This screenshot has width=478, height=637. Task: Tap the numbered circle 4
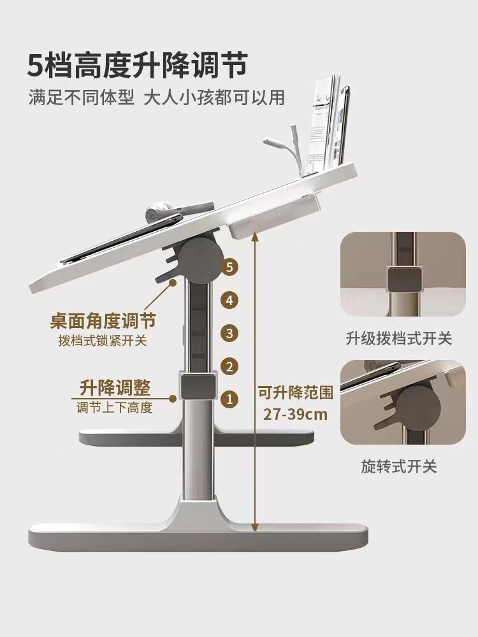point(230,299)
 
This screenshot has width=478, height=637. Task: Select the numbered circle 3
point(230,333)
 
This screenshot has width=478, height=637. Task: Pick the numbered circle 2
point(230,366)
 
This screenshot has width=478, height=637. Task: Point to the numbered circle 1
point(230,399)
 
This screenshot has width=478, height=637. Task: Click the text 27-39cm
point(296,413)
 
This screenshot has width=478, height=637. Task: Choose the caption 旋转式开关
point(398,467)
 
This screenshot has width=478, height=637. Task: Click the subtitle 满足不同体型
point(82,98)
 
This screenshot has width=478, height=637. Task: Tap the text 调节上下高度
point(115,407)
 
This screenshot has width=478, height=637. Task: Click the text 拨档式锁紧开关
point(103,340)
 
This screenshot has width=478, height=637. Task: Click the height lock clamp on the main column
point(196,387)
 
